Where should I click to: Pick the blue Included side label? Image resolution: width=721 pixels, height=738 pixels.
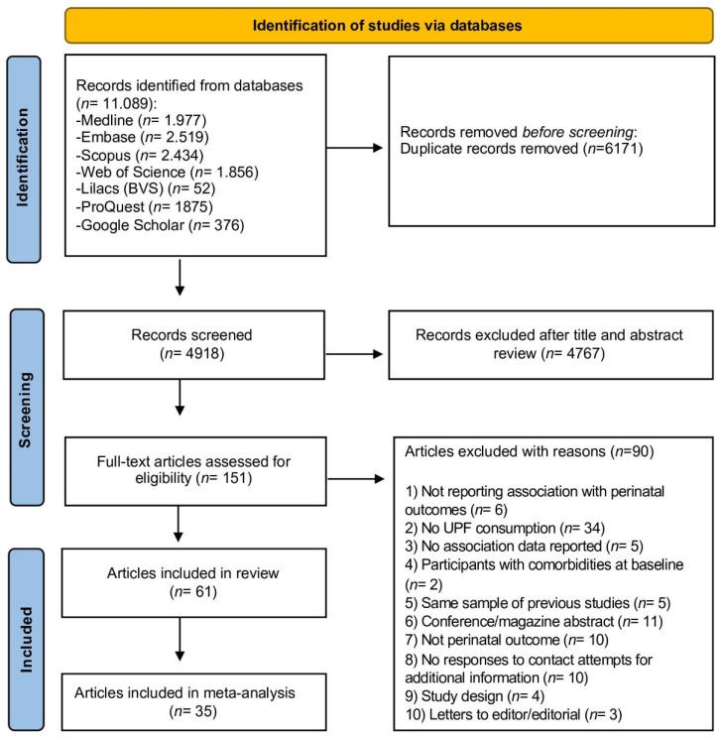(33, 626)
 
